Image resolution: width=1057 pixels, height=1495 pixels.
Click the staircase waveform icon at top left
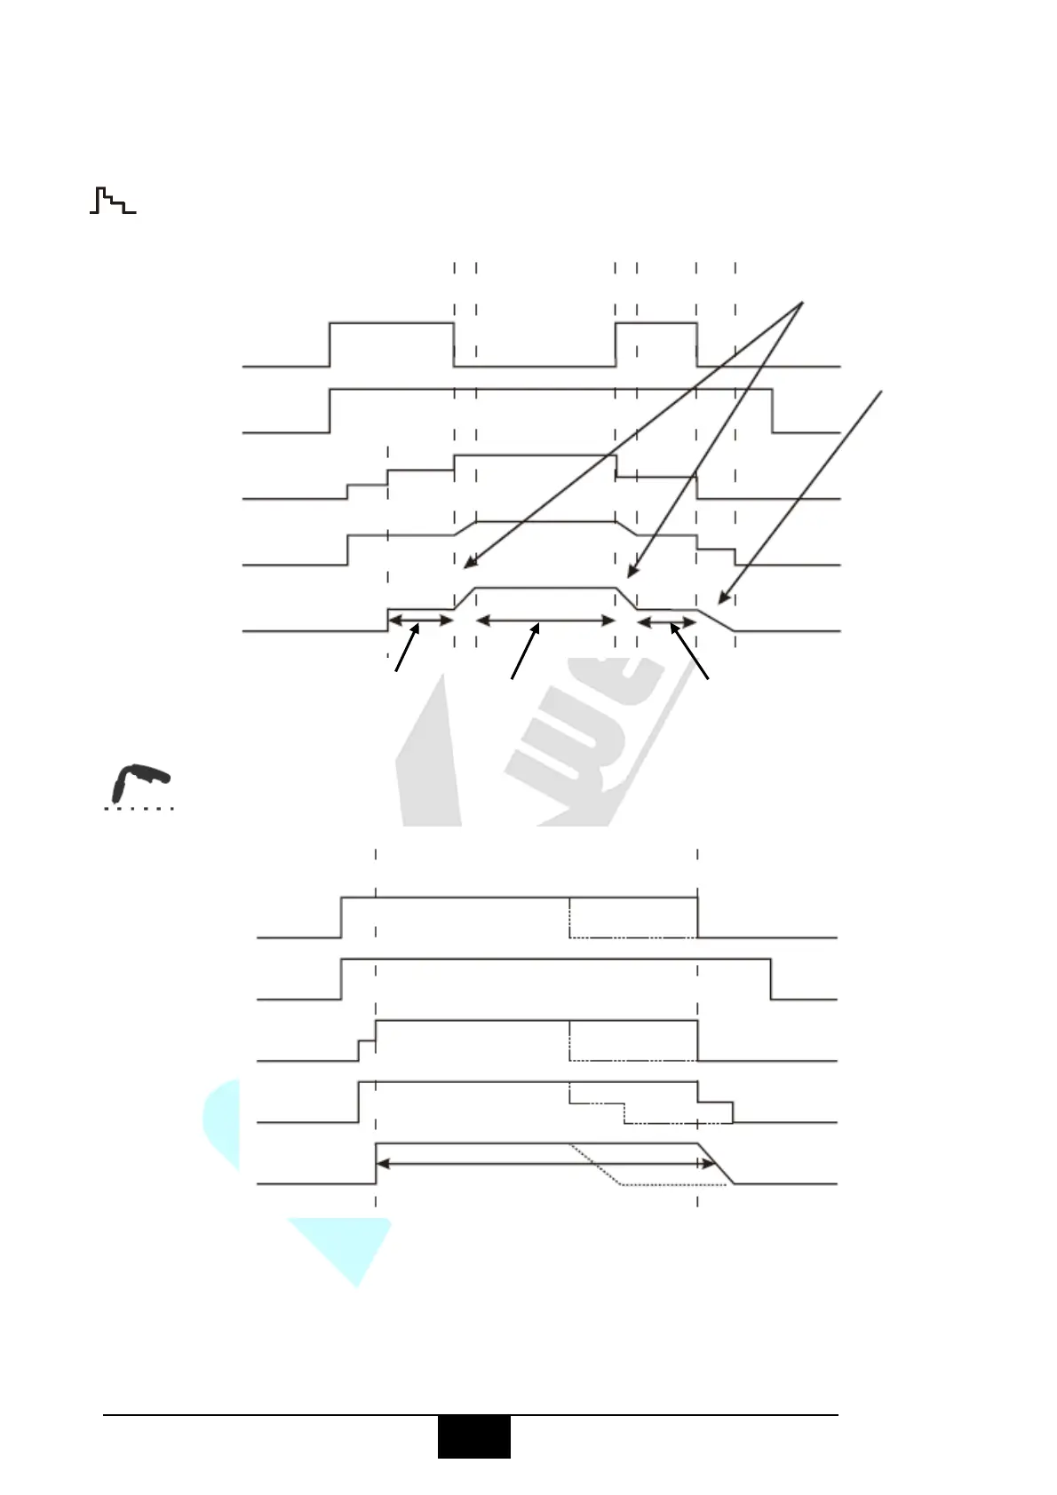tap(113, 202)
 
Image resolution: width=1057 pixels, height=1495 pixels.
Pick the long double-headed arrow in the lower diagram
tap(545, 1163)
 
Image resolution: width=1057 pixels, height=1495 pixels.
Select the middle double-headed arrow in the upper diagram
tap(545, 621)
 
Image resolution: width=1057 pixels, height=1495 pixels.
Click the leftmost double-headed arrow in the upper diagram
tap(421, 620)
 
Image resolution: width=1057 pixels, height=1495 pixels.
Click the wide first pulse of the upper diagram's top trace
tap(392, 325)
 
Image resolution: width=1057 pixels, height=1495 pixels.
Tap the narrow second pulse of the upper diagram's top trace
tap(656, 325)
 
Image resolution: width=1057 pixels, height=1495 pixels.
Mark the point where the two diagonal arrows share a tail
tap(802, 303)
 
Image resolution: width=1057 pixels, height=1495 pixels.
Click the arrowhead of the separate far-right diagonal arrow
tap(721, 600)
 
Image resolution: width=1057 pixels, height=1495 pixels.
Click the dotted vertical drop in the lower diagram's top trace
tap(569, 917)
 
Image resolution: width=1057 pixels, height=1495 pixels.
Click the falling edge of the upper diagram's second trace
tap(772, 410)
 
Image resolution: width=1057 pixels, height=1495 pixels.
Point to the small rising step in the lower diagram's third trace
tap(359, 1049)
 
